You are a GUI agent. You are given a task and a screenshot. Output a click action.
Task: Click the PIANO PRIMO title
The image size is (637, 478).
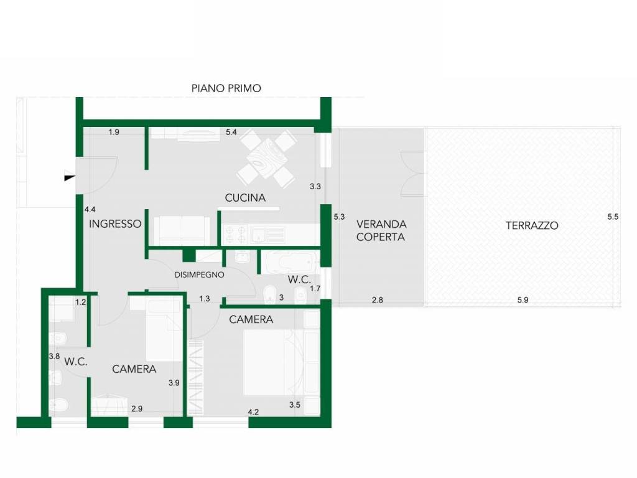(226, 88)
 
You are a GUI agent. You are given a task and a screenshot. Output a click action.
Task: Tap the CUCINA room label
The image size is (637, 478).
(245, 198)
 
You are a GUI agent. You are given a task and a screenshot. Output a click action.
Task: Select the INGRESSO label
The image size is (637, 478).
(115, 224)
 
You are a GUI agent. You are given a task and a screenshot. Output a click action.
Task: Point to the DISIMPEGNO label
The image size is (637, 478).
(199, 274)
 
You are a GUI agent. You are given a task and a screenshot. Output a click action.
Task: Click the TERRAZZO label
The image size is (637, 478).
(532, 225)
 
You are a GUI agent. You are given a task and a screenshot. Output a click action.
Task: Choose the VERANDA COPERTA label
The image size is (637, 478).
(381, 230)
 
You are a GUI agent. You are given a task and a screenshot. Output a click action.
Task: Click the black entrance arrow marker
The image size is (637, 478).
(70, 177)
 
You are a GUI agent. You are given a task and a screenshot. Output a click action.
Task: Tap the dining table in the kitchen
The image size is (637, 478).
(266, 157)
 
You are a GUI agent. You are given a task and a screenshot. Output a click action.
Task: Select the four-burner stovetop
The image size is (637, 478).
(235, 235)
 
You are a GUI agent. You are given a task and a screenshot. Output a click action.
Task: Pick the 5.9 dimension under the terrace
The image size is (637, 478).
(523, 300)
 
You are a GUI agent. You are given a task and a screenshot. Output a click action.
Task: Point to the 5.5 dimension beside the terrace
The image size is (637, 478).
(613, 217)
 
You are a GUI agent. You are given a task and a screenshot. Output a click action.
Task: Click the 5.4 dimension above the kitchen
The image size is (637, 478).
(231, 132)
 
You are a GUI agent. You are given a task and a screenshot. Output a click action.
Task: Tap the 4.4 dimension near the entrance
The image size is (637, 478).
(90, 210)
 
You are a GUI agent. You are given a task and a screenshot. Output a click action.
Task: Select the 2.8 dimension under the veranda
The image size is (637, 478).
(378, 300)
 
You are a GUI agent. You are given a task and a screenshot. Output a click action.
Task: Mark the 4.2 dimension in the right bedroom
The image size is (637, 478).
(253, 412)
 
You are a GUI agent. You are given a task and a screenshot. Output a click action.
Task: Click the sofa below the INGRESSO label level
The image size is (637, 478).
(182, 230)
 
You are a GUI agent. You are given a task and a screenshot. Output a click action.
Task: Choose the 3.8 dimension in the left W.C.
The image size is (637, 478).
(54, 357)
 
